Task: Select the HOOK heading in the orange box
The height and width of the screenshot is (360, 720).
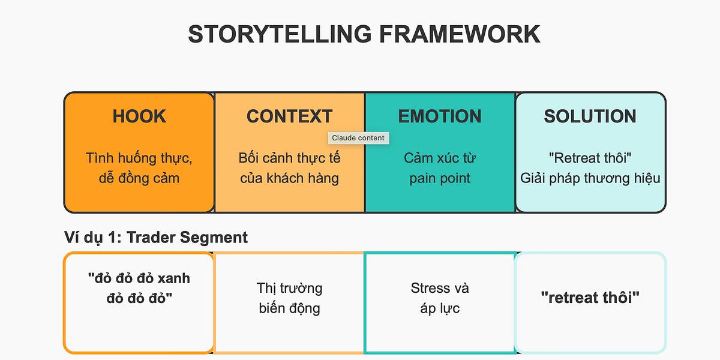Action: tap(139, 116)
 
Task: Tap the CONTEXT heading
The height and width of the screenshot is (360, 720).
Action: tap(289, 116)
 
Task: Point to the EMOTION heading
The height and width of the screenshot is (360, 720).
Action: tap(440, 116)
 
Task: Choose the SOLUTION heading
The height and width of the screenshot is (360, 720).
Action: tap(590, 116)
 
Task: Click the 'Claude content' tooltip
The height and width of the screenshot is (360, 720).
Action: tap(359, 138)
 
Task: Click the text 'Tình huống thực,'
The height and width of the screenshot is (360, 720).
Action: tap(139, 158)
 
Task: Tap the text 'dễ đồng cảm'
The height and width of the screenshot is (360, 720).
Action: tap(139, 178)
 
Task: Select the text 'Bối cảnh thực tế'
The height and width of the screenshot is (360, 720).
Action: tap(289, 158)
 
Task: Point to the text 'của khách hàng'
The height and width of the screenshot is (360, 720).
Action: tap(289, 178)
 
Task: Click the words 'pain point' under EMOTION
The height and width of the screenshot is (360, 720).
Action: tap(440, 178)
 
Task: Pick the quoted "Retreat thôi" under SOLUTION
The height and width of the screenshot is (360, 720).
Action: tap(590, 158)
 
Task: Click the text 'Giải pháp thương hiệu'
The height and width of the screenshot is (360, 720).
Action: tap(590, 178)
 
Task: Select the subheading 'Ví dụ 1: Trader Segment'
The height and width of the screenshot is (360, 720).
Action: tap(156, 237)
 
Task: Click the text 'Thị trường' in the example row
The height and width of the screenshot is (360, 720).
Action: tap(289, 288)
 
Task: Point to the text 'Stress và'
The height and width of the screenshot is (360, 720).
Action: tap(440, 288)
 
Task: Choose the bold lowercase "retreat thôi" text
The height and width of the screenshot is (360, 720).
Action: tap(590, 298)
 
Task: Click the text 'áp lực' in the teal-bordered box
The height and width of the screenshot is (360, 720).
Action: tap(440, 308)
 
